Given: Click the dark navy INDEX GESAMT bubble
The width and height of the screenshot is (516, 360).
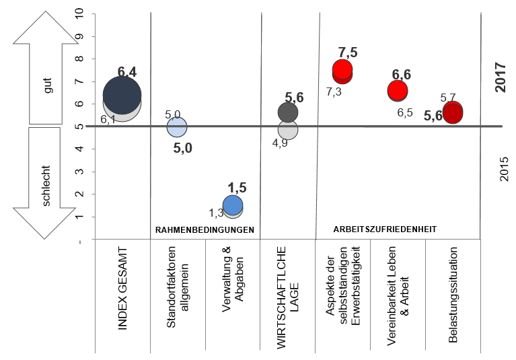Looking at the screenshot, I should click(x=122, y=94).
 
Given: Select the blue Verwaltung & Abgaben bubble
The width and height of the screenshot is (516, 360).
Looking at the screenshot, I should click(x=233, y=205).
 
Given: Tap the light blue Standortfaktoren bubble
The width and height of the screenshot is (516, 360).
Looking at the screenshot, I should click(x=177, y=126).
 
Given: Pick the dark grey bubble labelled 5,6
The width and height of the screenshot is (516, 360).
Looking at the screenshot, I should click(x=287, y=111).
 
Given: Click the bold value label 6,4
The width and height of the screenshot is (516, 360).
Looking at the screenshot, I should click(x=126, y=71).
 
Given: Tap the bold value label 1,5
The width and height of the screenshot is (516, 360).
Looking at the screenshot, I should click(x=237, y=188).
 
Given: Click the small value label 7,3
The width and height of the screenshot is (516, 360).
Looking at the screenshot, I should click(x=334, y=92).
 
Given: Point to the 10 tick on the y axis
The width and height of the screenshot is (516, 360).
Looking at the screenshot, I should click(x=81, y=13).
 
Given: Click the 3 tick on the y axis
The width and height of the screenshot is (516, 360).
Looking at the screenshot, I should click(x=81, y=172).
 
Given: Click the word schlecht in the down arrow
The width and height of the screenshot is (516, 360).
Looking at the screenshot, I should click(x=48, y=183).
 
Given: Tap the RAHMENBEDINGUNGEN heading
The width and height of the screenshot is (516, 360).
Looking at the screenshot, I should click(x=205, y=229).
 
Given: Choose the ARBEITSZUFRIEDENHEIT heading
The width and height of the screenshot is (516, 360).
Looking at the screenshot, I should click(x=385, y=229).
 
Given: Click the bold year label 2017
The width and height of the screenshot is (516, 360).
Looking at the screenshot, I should click(x=500, y=77).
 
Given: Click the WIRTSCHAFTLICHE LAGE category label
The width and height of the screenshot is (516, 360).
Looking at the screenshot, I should click(x=287, y=296).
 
